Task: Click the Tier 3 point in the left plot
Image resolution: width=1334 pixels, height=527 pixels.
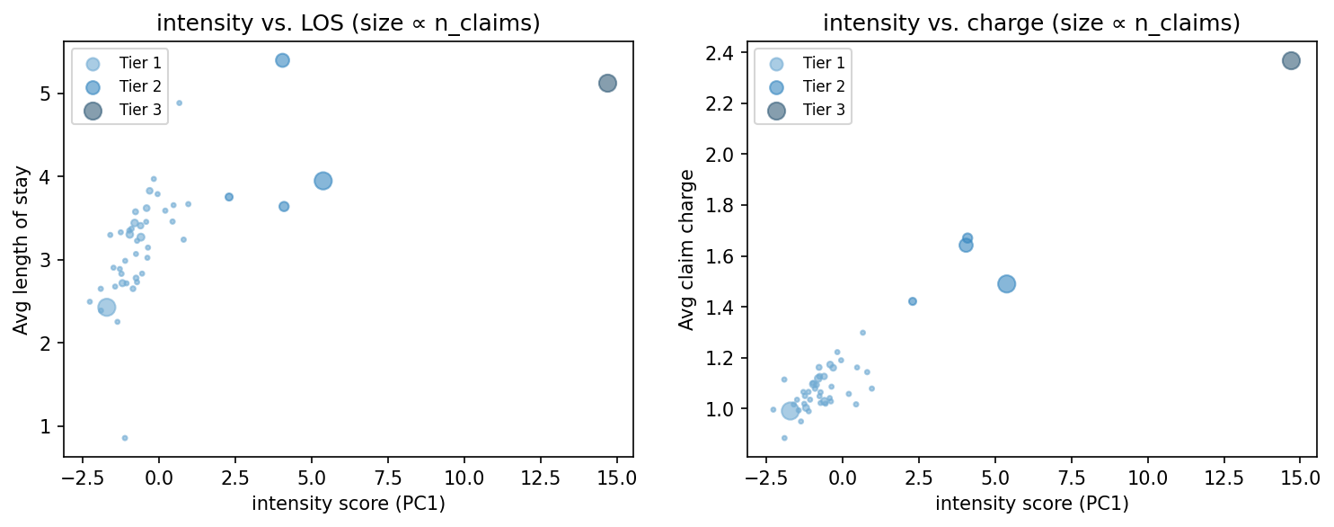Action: pos(607,83)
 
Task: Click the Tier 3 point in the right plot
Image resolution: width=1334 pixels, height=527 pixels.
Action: pos(1291,61)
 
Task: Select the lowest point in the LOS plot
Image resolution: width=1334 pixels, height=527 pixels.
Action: pos(125,438)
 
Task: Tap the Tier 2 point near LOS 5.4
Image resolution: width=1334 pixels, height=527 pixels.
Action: pos(282,60)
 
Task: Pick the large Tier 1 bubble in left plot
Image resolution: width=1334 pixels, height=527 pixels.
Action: pos(107,308)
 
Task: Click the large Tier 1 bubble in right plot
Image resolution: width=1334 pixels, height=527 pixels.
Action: pos(791,411)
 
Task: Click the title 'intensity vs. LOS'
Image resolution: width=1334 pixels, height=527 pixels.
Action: pos(348,24)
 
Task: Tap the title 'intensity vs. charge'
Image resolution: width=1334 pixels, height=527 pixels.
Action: pos(1031,24)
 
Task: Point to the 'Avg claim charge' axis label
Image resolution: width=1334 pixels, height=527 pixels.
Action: pos(687,249)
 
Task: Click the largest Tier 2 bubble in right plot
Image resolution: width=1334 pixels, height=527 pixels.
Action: pos(1006,283)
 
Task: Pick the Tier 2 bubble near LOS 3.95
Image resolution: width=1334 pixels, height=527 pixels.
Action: pos(323,181)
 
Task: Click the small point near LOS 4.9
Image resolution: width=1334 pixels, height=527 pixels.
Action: pos(179,103)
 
